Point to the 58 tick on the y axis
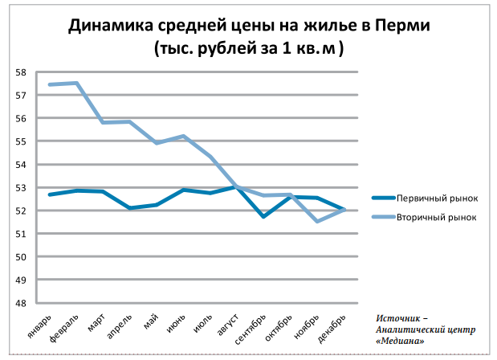[21, 72]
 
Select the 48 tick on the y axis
[21, 304]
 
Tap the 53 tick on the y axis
[21, 188]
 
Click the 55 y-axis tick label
[21, 141]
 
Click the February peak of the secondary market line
[76, 83]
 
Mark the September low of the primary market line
[263, 216]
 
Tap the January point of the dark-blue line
[50, 194]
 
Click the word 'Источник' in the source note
[401, 319]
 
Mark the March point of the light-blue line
[103, 122]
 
